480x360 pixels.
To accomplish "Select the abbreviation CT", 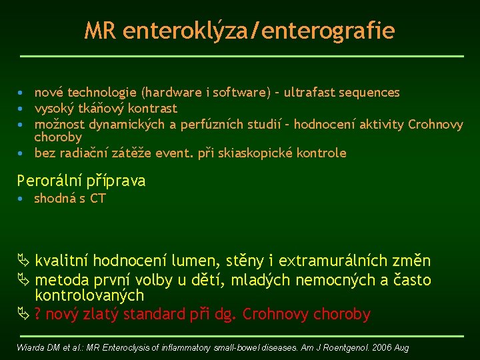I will [97, 199].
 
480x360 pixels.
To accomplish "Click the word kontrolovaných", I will [89, 295].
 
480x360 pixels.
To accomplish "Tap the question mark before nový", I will [39, 314].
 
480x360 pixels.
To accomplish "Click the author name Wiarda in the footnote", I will [31, 348].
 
